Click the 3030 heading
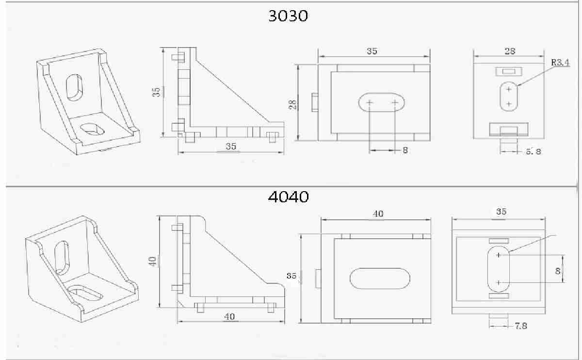pos(288,16)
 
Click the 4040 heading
pos(288,197)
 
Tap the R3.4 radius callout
pos(560,63)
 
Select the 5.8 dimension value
pos(533,151)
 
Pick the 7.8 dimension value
pos(520,326)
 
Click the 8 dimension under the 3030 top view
pos(405,150)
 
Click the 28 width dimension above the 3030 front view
pos(510,50)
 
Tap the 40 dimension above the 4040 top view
pos(377,214)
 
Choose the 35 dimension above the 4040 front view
pos(501,212)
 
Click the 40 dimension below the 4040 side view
pos(229,316)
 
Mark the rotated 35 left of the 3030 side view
pos(156,92)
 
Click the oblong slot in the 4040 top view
pos(380,278)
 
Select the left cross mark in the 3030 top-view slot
pos(370,102)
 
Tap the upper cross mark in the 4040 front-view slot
pos(499,255)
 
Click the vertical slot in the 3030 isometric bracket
pos(74,87)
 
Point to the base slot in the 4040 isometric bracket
pos(86,292)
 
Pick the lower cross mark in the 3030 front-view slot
pos(509,103)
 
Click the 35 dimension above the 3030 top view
pos(372,51)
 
